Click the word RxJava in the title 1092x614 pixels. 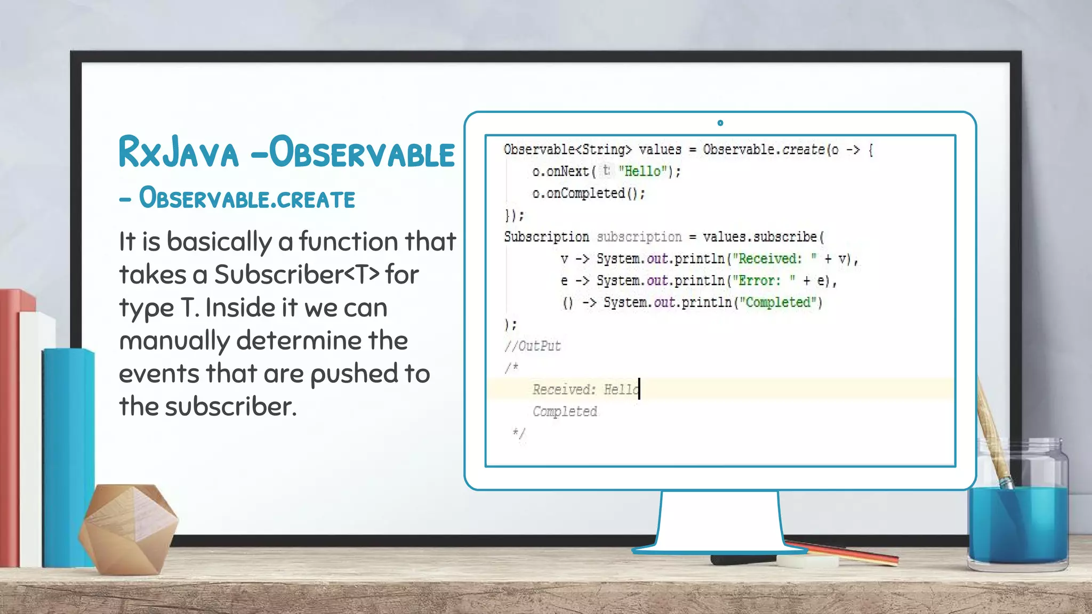pos(179,153)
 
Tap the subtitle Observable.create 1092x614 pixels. pos(246,199)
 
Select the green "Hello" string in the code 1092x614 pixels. pos(642,171)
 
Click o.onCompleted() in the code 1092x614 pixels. pos(589,193)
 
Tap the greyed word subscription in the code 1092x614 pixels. pos(639,237)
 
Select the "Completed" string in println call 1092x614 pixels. pos(777,303)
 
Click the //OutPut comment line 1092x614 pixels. pos(532,346)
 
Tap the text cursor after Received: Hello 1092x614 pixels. pos(639,389)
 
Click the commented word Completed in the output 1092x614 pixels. pos(565,411)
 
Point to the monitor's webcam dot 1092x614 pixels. pos(720,123)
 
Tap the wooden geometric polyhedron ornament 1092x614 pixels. pos(128,528)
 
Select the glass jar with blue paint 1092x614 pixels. pos(1017,512)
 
